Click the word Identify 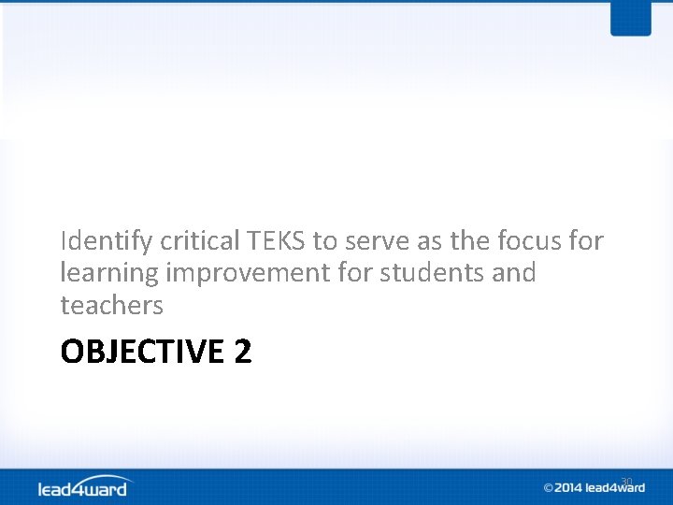107,241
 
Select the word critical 200,241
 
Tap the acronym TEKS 277,241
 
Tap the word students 426,273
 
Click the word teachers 111,305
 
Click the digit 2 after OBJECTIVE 243,353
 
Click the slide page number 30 626,482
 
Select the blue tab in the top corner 630,18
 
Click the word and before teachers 513,273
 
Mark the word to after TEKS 324,241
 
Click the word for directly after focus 586,241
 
